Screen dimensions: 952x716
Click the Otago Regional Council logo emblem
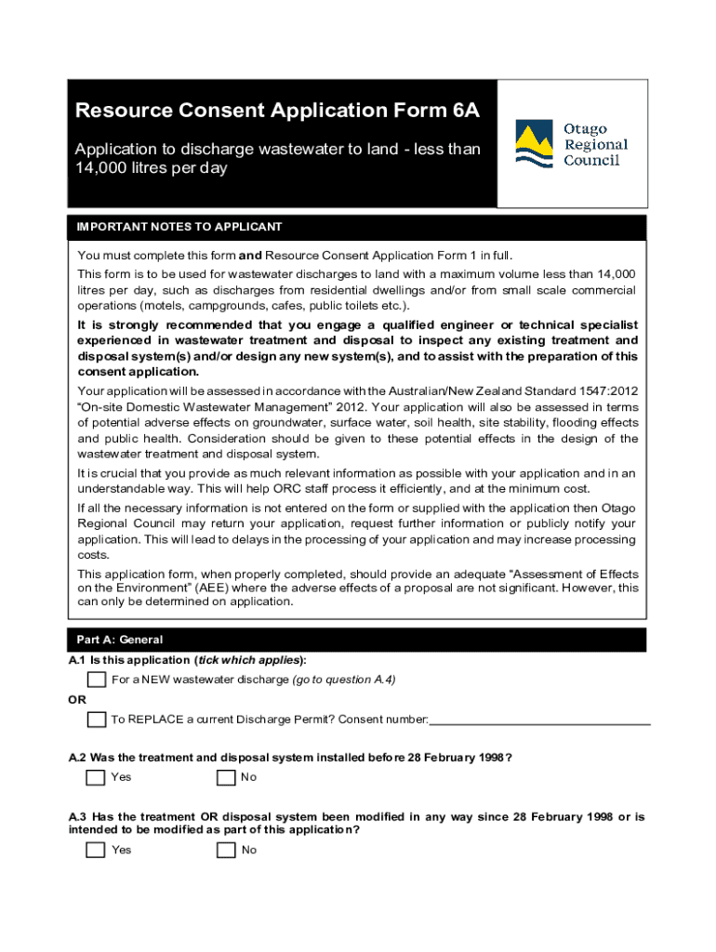[x=537, y=144]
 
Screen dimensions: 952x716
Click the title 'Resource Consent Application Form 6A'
[x=277, y=112]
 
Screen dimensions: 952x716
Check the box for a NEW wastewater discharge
[x=97, y=680]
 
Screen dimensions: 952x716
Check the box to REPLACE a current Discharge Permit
[x=97, y=720]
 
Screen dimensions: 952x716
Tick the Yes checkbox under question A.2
[x=95, y=777]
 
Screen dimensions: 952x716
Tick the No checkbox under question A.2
[x=226, y=777]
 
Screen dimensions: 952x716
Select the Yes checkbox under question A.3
[x=95, y=850]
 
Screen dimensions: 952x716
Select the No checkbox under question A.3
[x=226, y=850]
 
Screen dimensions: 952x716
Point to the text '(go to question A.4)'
[x=344, y=680]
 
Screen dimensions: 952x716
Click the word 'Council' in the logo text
[x=591, y=160]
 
